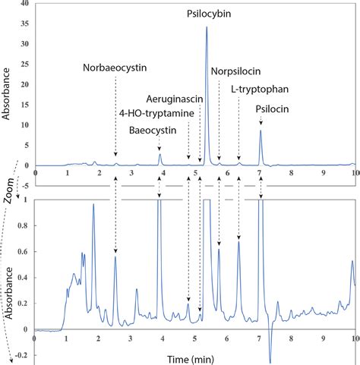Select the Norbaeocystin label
(115, 67)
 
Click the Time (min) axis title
(194, 357)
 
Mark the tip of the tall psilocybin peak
(207, 27)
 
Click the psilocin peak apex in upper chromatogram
(261, 131)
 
